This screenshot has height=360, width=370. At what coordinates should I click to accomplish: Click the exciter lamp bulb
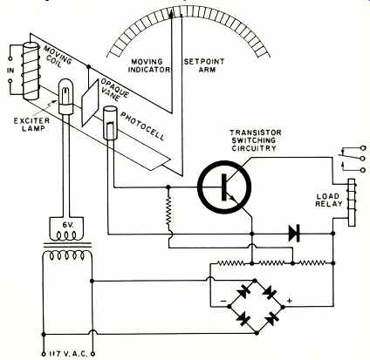(x=65, y=96)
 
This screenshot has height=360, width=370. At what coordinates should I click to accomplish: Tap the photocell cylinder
(x=110, y=123)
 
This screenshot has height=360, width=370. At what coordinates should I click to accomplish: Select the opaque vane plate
(x=91, y=103)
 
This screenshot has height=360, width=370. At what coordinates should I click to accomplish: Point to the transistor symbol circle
(x=224, y=187)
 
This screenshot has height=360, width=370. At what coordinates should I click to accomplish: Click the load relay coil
(x=352, y=202)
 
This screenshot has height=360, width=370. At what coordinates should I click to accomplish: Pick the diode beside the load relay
(x=294, y=234)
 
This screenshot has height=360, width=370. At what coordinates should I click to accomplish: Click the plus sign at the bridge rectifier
(x=289, y=301)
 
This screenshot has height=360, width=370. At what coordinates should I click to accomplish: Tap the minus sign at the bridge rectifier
(x=223, y=301)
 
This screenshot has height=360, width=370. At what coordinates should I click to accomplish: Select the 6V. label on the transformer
(x=66, y=225)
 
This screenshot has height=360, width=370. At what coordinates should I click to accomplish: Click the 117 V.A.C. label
(x=68, y=354)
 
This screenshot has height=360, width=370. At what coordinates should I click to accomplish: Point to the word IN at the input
(x=10, y=71)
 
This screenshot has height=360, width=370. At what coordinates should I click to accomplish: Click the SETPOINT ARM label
(x=204, y=65)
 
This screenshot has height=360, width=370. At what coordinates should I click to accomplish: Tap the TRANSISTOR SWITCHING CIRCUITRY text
(x=256, y=140)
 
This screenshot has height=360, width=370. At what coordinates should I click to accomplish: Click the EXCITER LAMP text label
(x=31, y=125)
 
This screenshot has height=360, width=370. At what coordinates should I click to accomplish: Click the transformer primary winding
(x=67, y=256)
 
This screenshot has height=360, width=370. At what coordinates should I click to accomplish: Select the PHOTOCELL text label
(x=142, y=126)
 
